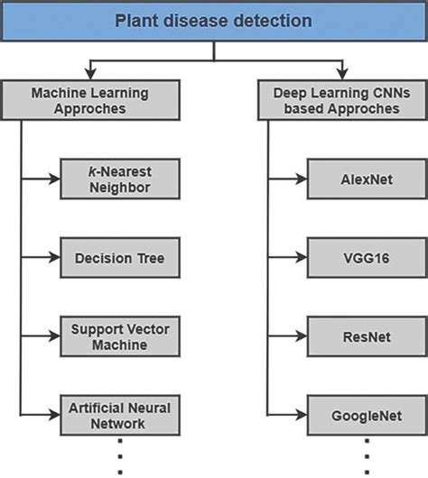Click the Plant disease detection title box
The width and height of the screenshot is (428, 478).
(214, 20)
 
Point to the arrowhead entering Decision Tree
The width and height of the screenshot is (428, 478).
(55, 257)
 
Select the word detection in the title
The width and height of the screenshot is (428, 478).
(267, 20)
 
